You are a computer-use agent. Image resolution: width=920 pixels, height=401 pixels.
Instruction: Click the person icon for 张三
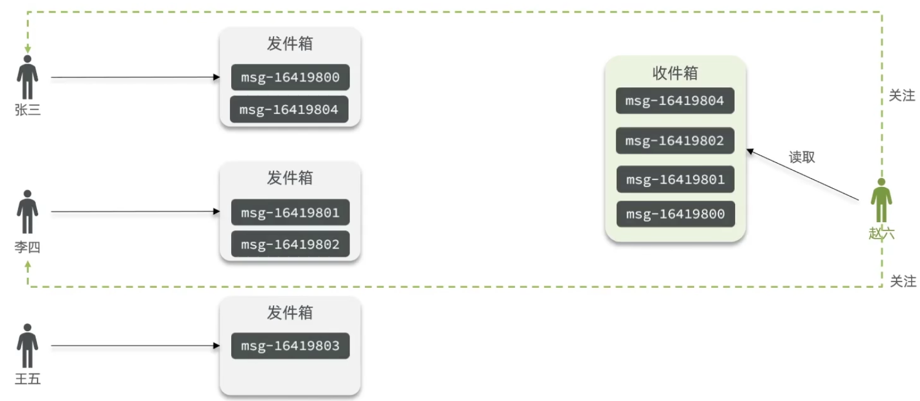click(28, 77)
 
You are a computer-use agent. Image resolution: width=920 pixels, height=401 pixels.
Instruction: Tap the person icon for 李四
click(28, 212)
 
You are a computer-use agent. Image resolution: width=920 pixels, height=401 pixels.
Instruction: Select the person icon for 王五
click(28, 346)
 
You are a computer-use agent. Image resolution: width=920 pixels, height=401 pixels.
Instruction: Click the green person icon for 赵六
click(881, 200)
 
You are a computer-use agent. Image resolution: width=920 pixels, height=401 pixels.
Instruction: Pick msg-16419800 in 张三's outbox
click(290, 77)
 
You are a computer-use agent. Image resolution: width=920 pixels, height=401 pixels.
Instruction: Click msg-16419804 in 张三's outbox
click(289, 110)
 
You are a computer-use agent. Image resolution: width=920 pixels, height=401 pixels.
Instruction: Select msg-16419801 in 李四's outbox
click(290, 212)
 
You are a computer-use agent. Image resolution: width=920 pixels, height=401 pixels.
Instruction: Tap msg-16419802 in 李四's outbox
click(290, 244)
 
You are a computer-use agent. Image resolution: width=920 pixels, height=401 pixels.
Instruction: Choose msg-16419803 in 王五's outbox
click(290, 346)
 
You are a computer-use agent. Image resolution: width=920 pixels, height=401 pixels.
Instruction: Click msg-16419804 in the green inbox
click(675, 100)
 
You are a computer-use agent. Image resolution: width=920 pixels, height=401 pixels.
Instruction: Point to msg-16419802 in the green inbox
click(675, 141)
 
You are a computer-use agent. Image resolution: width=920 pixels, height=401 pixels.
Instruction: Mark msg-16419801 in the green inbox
click(675, 179)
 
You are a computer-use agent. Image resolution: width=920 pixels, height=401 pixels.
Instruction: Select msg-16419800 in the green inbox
click(675, 214)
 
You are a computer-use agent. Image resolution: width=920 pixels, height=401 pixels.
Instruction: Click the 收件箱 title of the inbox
click(675, 73)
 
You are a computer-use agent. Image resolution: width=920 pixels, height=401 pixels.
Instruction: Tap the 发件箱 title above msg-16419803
click(290, 312)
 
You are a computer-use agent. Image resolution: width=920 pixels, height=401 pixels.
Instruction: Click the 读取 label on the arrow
click(801, 157)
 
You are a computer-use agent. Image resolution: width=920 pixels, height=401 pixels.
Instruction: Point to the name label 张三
click(28, 110)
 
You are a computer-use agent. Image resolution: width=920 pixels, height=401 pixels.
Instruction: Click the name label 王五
click(28, 379)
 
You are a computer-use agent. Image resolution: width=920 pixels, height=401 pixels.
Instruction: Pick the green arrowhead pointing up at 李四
click(28, 266)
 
